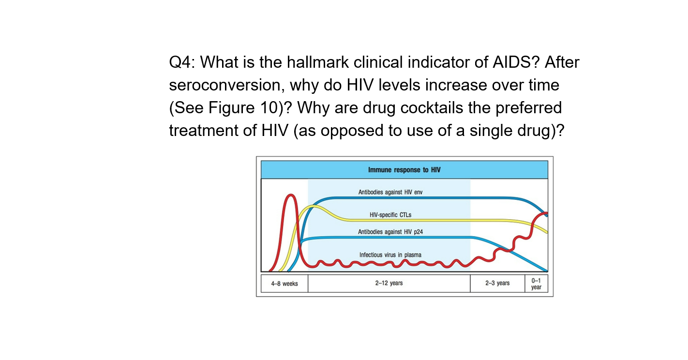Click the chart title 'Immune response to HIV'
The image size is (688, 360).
coord(404,170)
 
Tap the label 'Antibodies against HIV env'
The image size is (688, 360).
coord(390,192)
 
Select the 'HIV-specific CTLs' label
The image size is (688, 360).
coord(390,214)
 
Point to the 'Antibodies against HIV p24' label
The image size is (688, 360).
coord(390,232)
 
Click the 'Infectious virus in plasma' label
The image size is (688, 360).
coord(390,255)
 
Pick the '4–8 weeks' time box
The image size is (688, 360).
coord(284,284)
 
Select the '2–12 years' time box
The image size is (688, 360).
coord(389,284)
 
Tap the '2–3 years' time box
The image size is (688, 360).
coord(497,284)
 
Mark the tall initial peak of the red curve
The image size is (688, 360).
coord(291,195)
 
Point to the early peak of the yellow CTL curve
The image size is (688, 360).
coord(314,206)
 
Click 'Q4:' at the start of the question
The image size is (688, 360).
coord(182,63)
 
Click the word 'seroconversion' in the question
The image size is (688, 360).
coord(227,86)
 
